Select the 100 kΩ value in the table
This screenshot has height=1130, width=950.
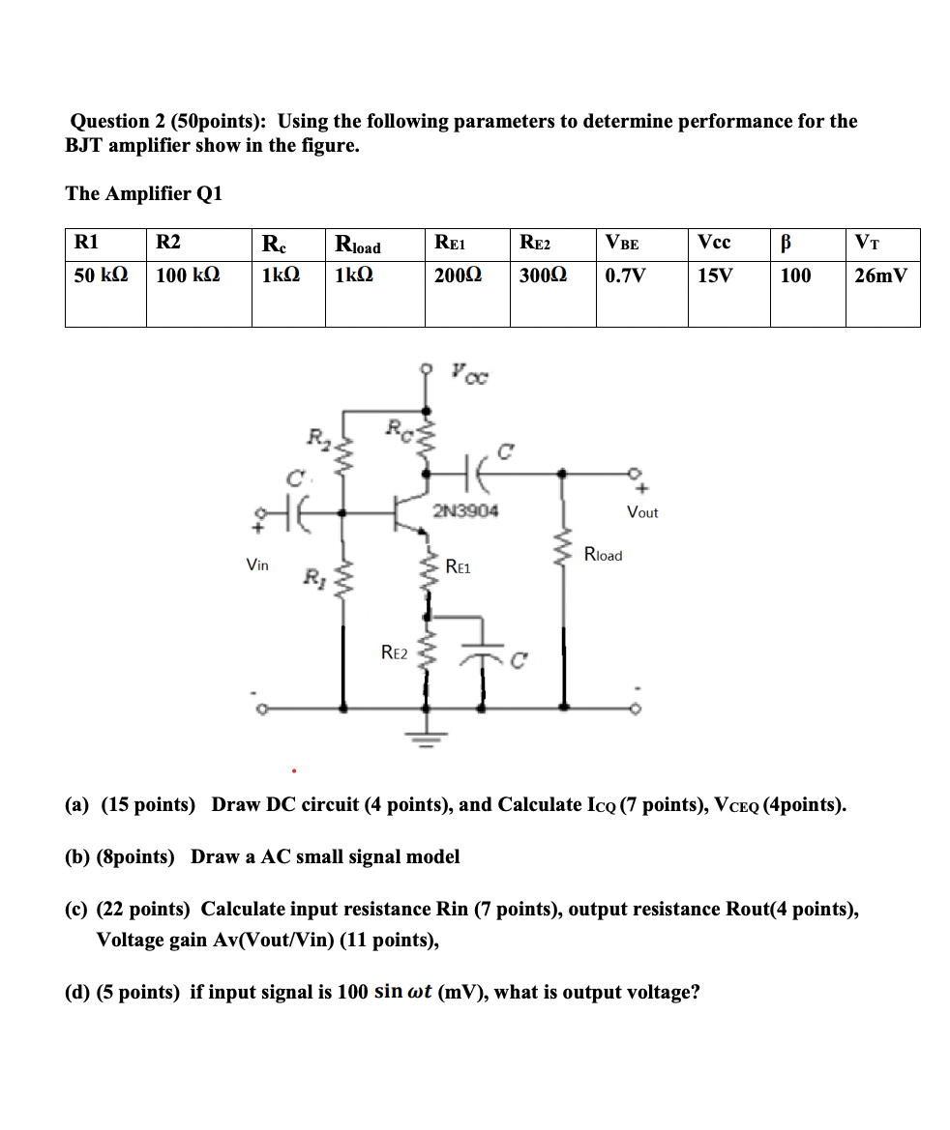tap(188, 275)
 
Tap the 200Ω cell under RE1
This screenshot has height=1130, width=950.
tap(458, 275)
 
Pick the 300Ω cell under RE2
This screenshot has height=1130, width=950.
tap(543, 275)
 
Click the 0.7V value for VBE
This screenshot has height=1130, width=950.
tap(624, 275)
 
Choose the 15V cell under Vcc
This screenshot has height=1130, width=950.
tap(715, 275)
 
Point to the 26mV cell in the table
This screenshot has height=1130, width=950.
tap(880, 275)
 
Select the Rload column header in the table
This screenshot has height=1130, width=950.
tap(357, 245)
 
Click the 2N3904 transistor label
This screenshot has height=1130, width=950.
tap(465, 510)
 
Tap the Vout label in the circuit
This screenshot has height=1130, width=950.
tap(642, 512)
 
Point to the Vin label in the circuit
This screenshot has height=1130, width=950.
tap(257, 565)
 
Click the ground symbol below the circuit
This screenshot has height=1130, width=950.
tap(426, 737)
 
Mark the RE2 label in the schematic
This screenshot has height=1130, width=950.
tap(393, 653)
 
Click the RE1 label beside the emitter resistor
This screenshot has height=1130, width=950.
tap(458, 567)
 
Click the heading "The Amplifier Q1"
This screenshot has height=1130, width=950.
tap(144, 193)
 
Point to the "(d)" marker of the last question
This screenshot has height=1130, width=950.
tap(78, 993)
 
